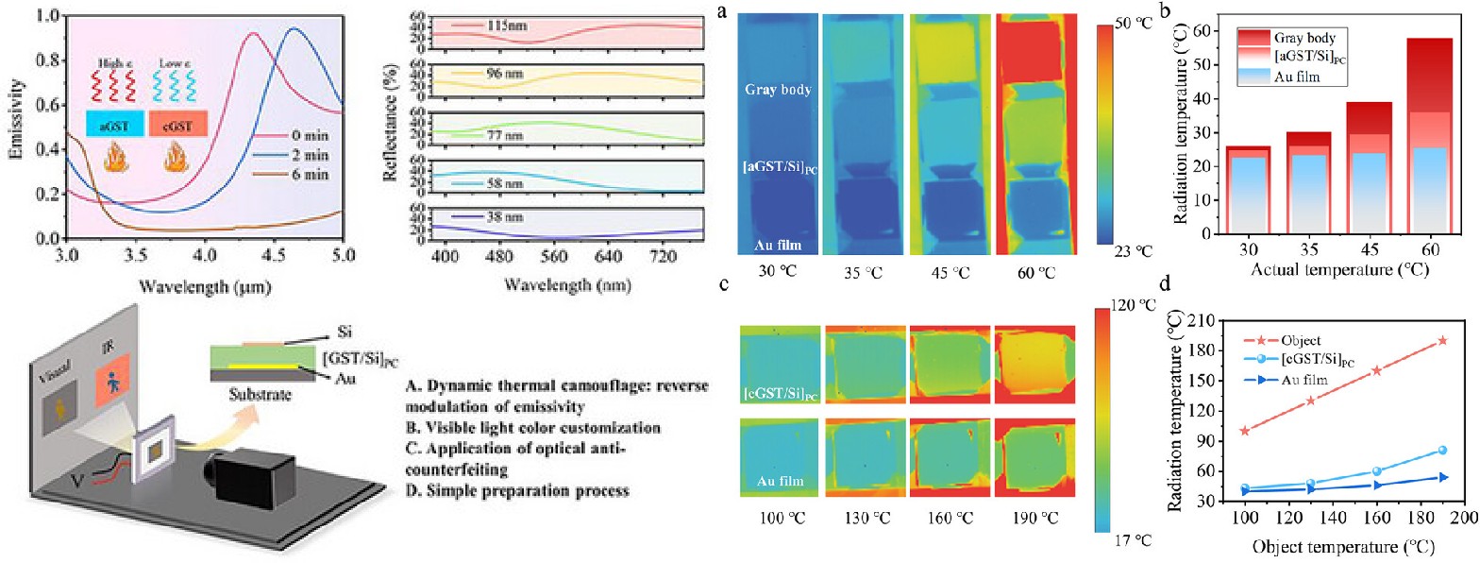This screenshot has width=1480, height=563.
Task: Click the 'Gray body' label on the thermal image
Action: [x=778, y=92]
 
